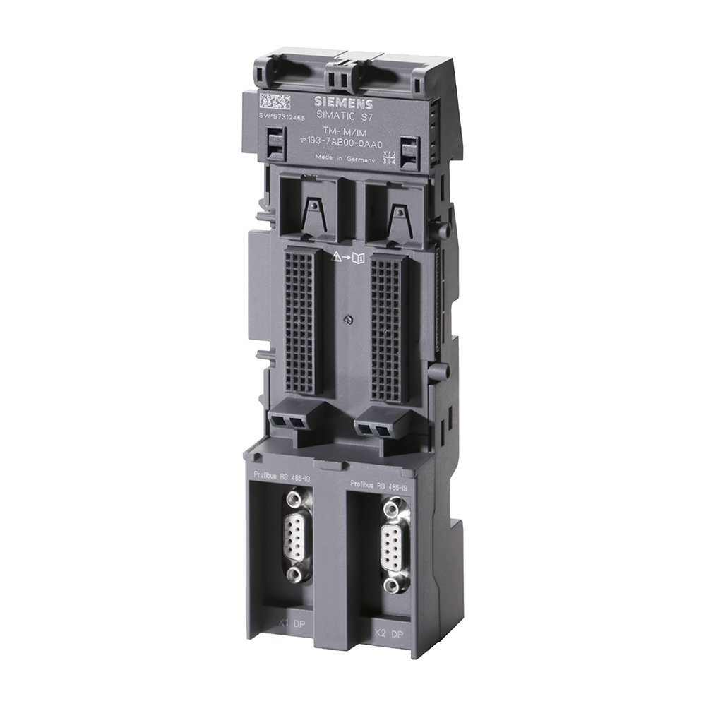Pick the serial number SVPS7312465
point(281,116)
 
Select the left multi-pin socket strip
point(299,323)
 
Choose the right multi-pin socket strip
point(388,329)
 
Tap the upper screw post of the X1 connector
point(297,499)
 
